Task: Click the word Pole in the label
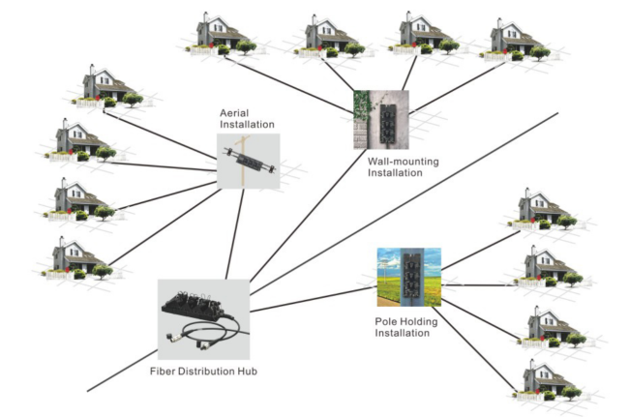coord(385,320)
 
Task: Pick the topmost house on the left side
coord(102,87)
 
